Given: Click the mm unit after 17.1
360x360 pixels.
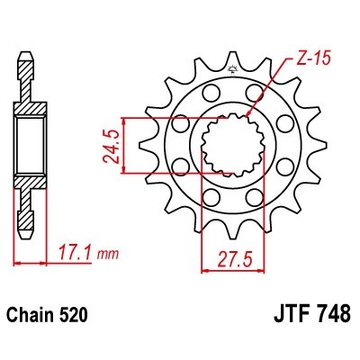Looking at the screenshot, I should pos(107,255).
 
